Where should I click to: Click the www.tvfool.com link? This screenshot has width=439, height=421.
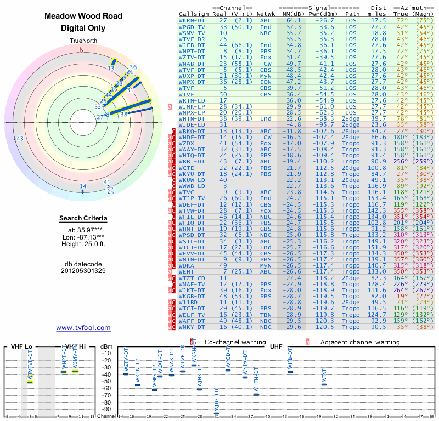click(83, 328)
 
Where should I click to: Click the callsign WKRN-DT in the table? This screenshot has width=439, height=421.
click(192, 20)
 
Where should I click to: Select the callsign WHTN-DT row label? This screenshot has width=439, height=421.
click(192, 118)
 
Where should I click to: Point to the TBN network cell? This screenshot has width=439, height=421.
click(266, 315)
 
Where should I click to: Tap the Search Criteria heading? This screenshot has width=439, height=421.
click(83, 219)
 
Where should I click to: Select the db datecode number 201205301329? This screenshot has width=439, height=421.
click(83, 271)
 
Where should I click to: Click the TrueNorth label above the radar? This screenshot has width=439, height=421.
click(82, 41)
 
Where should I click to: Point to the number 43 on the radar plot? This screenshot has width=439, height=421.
click(20, 139)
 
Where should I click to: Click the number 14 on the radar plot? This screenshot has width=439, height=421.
click(83, 186)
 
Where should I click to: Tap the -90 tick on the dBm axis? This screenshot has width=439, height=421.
click(105, 409)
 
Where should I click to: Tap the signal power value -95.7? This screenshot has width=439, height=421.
click(325, 126)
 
